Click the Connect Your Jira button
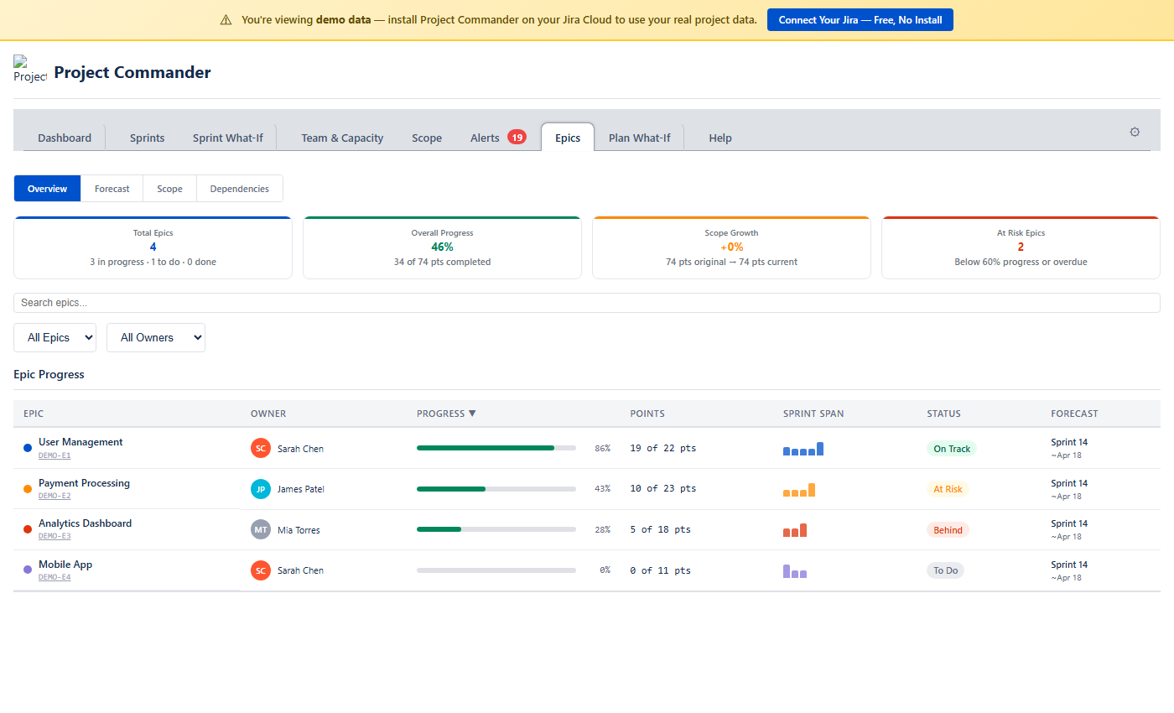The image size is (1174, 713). (860, 20)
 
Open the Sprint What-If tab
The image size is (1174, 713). (227, 138)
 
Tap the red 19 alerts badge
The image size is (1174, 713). (517, 137)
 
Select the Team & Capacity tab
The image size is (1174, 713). (342, 138)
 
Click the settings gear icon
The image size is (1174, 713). (1135, 132)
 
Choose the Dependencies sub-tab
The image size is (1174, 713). (239, 189)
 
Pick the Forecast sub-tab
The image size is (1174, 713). (112, 189)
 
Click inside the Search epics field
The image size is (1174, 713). (587, 303)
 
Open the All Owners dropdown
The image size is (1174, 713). (156, 337)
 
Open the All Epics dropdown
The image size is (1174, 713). (55, 337)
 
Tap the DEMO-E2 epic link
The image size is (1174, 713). (55, 496)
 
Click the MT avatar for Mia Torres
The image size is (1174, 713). (261, 529)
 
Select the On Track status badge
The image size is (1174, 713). (952, 449)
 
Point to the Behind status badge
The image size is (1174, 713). (948, 530)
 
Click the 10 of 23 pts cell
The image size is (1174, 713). (662, 489)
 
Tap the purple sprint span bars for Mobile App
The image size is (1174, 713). (795, 571)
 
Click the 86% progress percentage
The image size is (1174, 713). (602, 449)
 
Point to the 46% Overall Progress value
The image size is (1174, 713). (442, 247)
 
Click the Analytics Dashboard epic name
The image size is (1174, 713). (85, 523)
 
